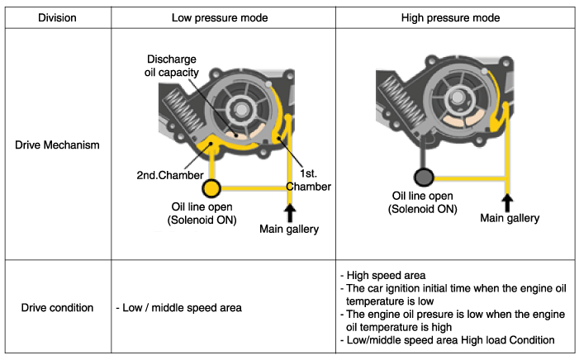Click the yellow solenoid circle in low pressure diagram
tap(211, 187)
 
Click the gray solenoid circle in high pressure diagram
tap(423, 176)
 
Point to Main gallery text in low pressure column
tap(289, 229)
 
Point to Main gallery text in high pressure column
tap(510, 218)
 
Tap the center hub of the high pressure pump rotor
tap(458, 96)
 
